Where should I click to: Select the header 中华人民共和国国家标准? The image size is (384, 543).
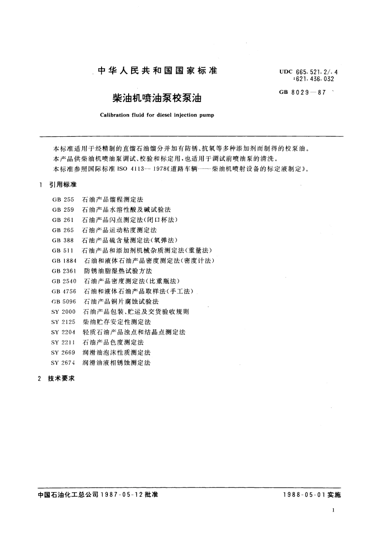(158, 71)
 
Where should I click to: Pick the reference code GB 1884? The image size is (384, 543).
(64, 261)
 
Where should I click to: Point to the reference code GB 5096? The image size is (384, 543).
(63, 301)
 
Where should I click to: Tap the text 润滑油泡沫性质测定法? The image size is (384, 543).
(117, 352)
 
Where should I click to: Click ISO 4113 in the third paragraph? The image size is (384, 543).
(125, 169)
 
